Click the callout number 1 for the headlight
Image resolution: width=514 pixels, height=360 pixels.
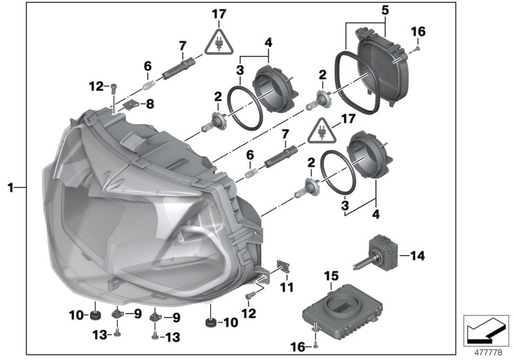[10, 188]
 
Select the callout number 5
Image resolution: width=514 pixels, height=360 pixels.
[384, 11]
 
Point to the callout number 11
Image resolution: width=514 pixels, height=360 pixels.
[286, 287]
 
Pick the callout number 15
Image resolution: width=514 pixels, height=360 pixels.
[330, 276]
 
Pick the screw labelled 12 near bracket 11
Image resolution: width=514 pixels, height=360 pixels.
[251, 294]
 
